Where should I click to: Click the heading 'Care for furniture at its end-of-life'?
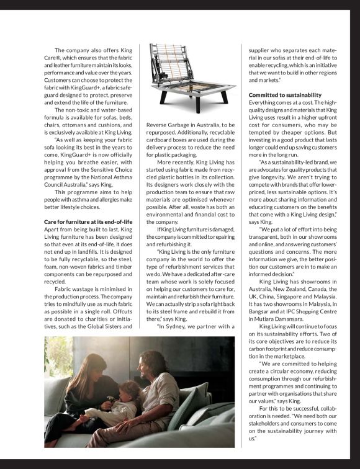coord(88,221)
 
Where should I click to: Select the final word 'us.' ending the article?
coord(253,439)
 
